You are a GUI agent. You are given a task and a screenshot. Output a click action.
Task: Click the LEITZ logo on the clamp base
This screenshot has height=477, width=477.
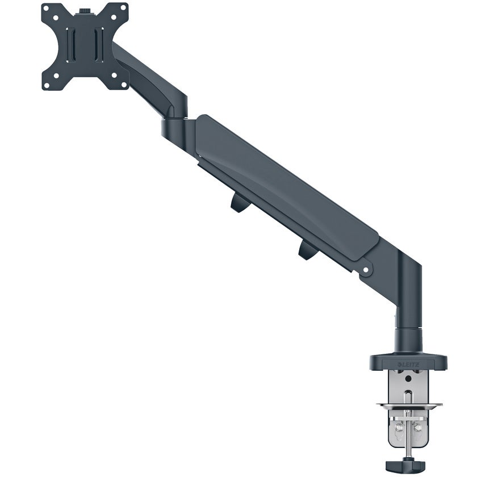coord(408,365)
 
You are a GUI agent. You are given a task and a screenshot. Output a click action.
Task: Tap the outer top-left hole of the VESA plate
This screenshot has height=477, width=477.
coord(46,7)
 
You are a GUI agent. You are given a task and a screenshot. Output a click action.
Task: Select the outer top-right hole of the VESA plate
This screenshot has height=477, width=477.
coord(124,7)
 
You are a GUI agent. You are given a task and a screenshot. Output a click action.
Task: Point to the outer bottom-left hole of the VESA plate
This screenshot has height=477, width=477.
coord(46,85)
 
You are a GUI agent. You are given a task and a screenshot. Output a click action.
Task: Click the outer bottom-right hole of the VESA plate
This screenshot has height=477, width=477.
coord(124,85)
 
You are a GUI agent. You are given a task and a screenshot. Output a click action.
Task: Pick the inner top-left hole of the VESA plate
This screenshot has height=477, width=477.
coord(56,18)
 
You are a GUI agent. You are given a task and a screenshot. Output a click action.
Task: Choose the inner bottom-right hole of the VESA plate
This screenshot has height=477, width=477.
coord(114,75)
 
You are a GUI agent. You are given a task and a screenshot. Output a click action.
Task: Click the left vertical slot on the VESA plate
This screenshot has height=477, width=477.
coord(70,45)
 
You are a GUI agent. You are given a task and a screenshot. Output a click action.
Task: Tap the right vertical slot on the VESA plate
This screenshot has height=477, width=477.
coord(99,44)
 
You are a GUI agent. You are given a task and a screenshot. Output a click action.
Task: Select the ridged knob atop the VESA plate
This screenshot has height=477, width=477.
coord(84,11)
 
